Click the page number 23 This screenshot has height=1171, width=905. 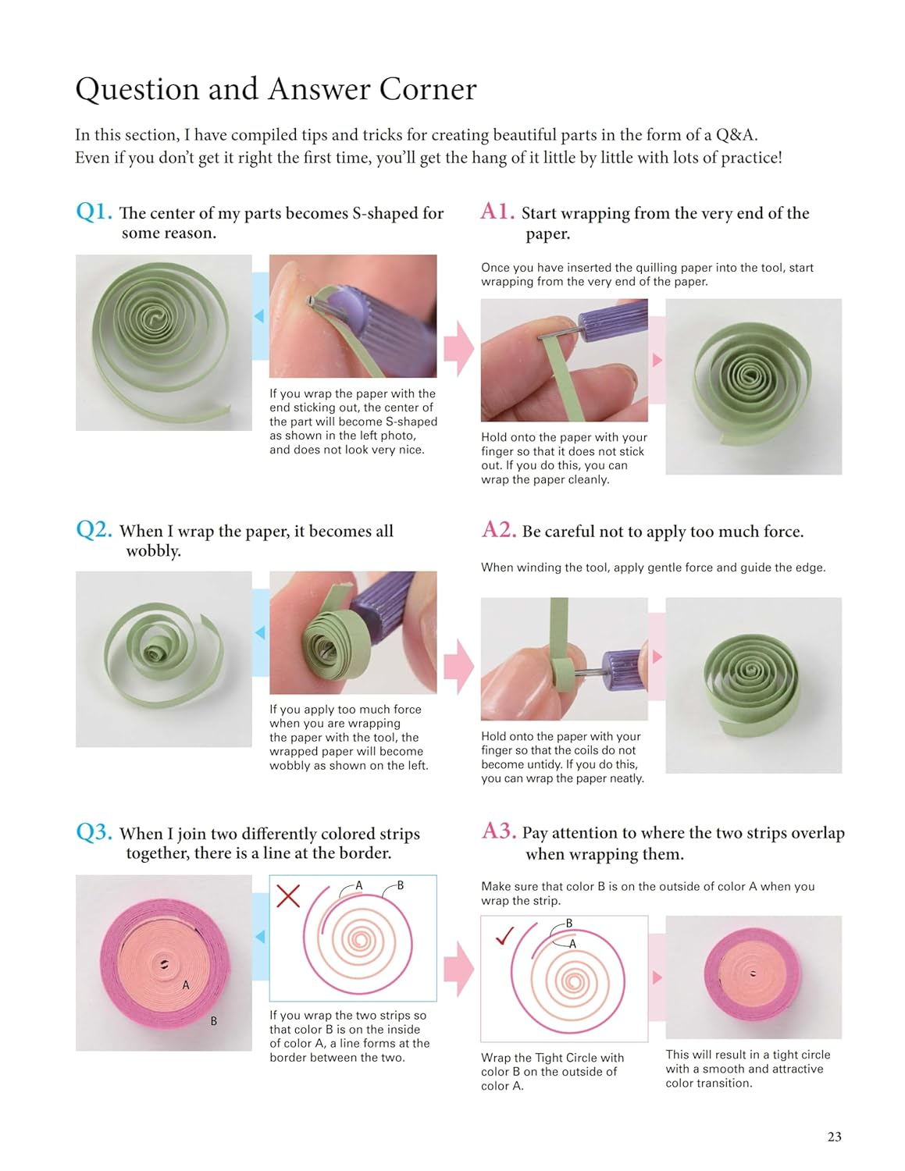[834, 1137]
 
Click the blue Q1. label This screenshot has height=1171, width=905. [94, 212]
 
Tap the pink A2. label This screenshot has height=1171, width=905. [499, 530]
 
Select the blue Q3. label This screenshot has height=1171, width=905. [94, 832]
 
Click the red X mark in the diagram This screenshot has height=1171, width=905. [288, 895]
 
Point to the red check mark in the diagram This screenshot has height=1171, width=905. [504, 935]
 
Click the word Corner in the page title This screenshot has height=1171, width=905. [427, 90]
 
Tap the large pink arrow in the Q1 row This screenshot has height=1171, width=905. [458, 348]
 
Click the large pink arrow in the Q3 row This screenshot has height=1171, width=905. [458, 968]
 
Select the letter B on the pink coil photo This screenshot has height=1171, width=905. [213, 1021]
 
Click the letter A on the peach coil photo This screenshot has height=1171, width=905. [186, 985]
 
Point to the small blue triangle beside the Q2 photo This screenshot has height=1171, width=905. [260, 632]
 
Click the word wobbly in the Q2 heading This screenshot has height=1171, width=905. [153, 551]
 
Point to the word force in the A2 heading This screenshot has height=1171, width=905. [777, 532]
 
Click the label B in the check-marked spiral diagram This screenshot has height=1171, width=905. [569, 924]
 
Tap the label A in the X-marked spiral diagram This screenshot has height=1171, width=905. [359, 885]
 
